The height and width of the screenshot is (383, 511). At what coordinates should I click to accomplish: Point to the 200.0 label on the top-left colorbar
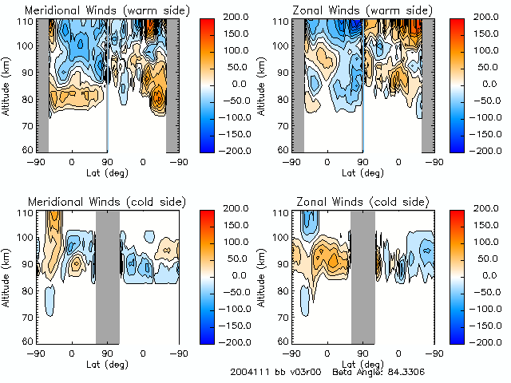[236, 16]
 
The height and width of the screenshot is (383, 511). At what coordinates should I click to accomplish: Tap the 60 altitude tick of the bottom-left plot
[27, 341]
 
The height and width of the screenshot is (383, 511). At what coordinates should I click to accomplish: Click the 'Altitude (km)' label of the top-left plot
[8, 85]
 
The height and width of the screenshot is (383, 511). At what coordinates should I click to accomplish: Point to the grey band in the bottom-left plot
[107, 275]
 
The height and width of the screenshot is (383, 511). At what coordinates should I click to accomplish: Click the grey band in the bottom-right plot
[362, 275]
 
